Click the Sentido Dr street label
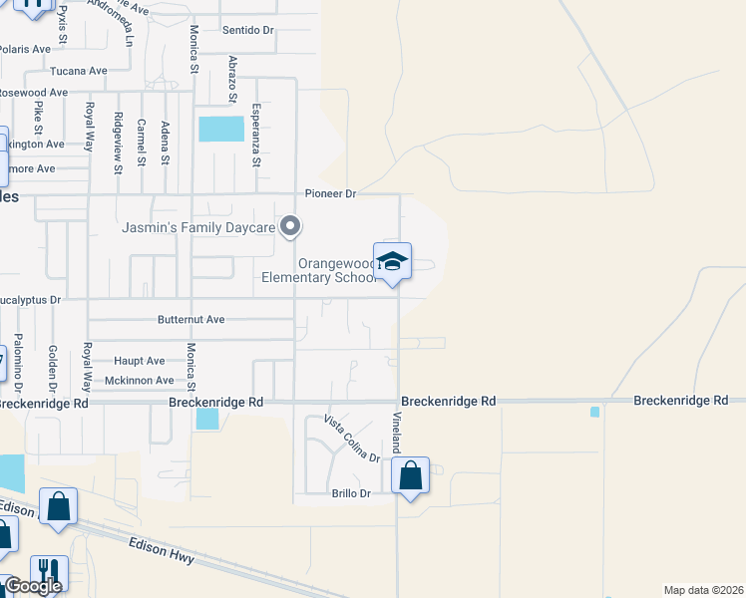248,31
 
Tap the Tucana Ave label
79,71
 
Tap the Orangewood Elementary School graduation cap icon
392,261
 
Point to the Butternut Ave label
190,320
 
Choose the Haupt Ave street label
140,361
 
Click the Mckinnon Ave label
139,381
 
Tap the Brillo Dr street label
350,493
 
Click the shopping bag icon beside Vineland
411,476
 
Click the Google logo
32,587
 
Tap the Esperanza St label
256,136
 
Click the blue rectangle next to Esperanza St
221,129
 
